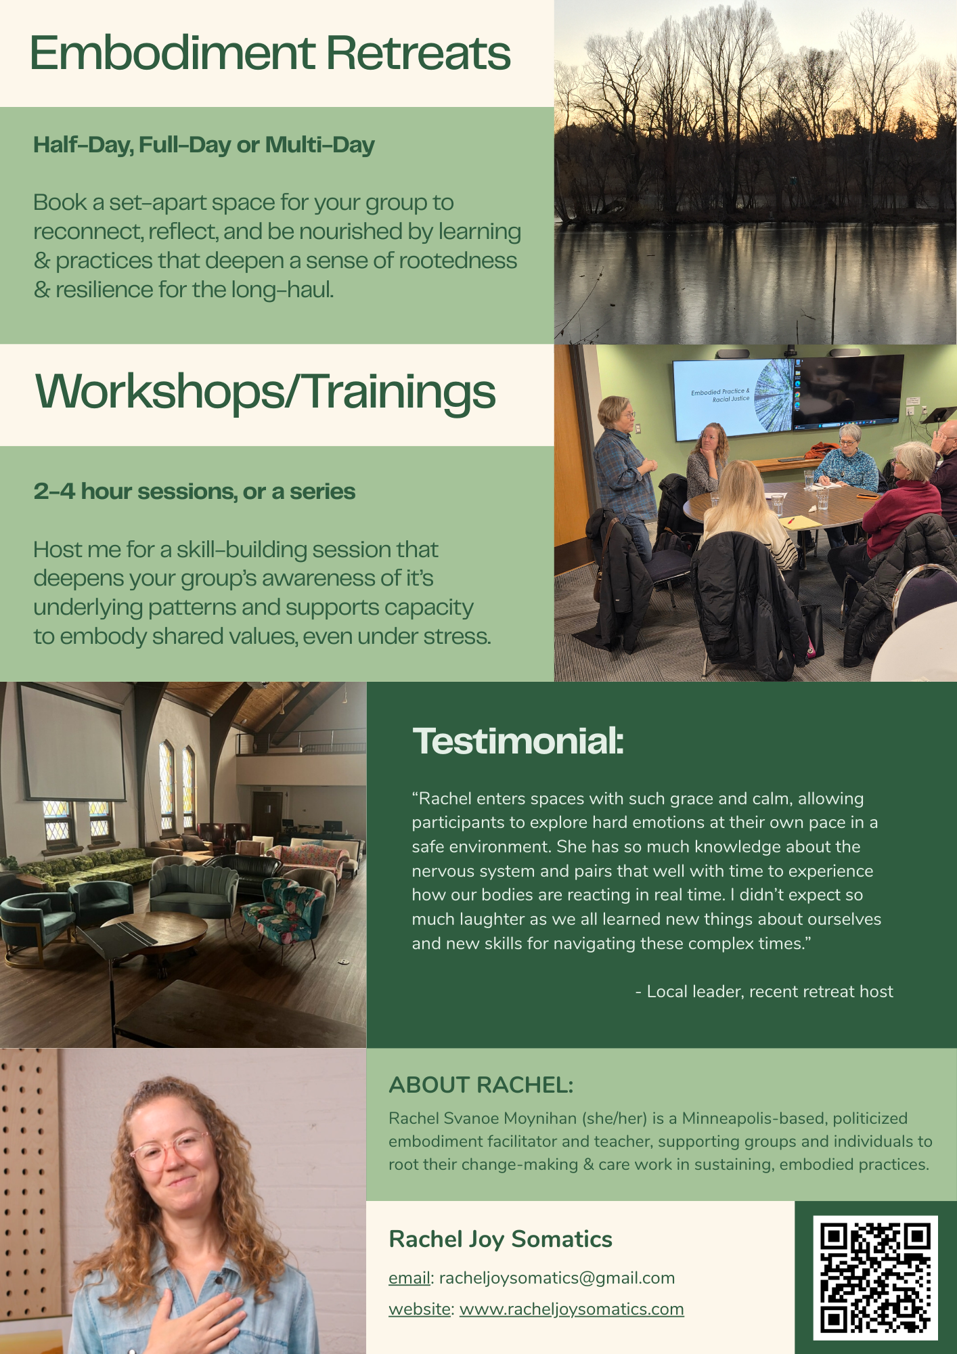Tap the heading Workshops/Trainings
(x=265, y=393)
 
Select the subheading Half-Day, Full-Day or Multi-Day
(x=204, y=145)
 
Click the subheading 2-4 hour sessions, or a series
(x=194, y=491)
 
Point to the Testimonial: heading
(x=518, y=741)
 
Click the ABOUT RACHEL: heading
(x=481, y=1085)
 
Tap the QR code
(x=875, y=1277)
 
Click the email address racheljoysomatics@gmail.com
(x=557, y=1277)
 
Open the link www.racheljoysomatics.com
(x=572, y=1309)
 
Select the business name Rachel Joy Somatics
(x=500, y=1239)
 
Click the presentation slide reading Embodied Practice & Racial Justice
(x=732, y=397)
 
